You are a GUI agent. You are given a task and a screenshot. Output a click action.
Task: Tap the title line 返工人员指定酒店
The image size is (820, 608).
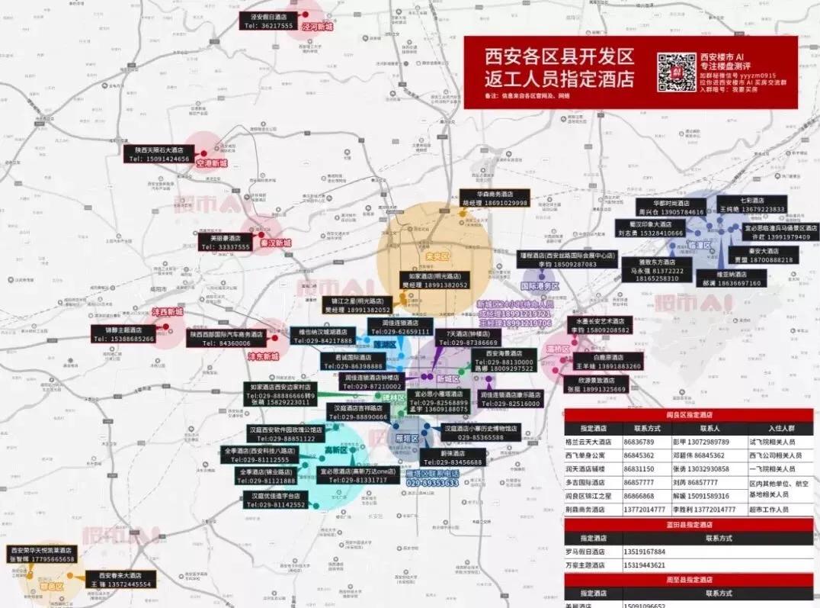[559, 79]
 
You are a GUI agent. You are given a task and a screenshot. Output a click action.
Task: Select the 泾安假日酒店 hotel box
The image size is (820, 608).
[268, 21]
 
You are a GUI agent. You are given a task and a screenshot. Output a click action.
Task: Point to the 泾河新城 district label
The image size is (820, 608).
[317, 27]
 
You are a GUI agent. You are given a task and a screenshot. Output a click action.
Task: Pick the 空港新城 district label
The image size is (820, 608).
[212, 163]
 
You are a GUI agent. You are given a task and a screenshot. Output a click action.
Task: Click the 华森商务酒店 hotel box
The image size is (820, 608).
[493, 198]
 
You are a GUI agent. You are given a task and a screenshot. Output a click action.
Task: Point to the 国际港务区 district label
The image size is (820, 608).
[540, 286]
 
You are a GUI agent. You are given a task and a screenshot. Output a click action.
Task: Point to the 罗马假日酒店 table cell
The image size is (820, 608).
[591, 551]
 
